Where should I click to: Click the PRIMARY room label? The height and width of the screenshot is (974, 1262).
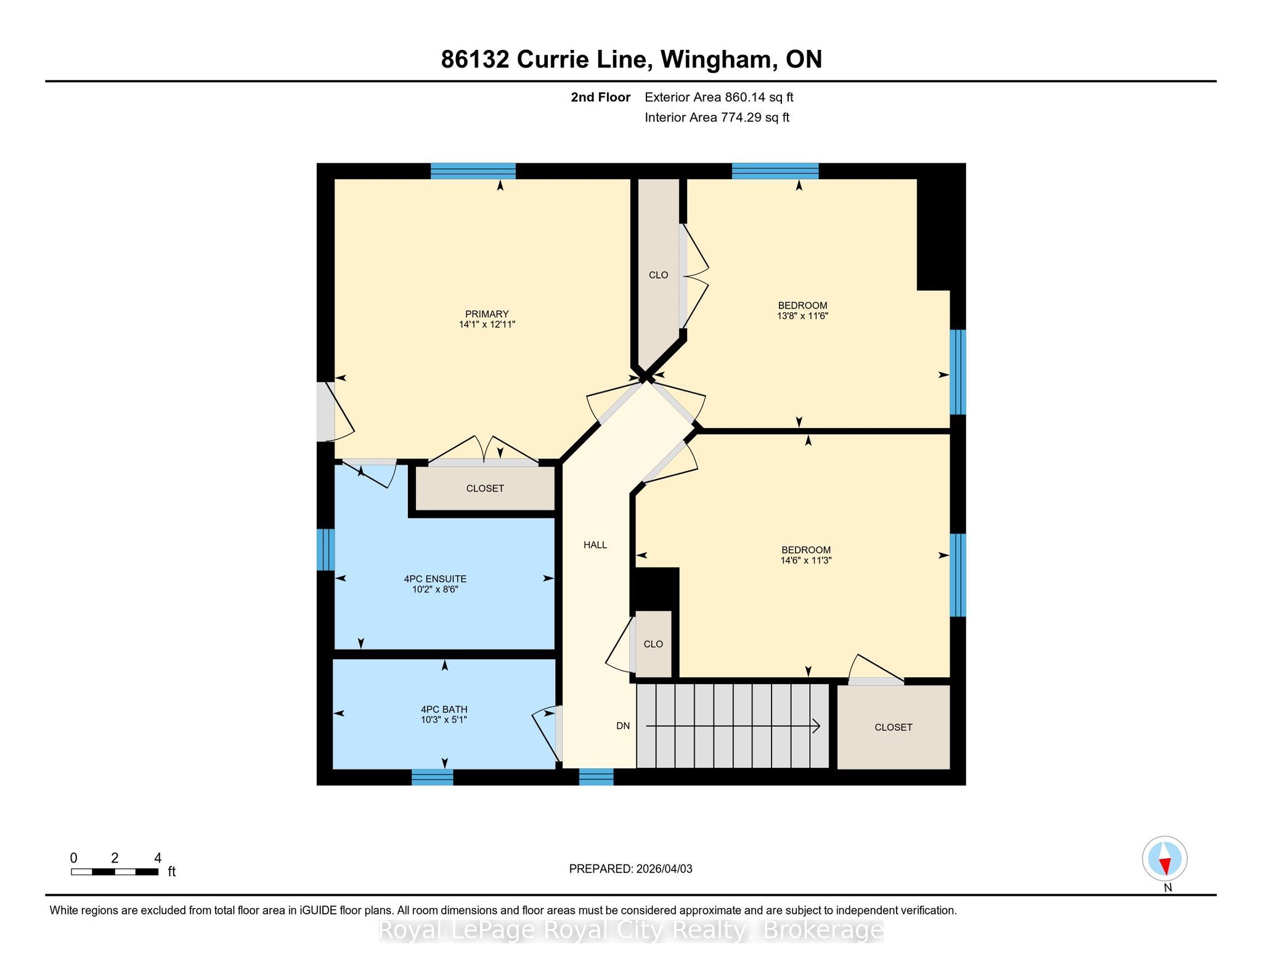[487, 314]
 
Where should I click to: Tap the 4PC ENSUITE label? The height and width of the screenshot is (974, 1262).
[435, 579]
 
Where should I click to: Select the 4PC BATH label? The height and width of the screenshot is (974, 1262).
[444, 709]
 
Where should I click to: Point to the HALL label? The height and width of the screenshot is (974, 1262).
[595, 545]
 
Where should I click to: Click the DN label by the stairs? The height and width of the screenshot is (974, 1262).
[623, 726]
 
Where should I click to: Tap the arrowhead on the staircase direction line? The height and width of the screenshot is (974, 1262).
[816, 726]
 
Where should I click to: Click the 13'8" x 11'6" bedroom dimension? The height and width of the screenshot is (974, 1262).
[802, 316]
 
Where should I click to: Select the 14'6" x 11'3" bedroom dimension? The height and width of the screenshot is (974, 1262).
[806, 560]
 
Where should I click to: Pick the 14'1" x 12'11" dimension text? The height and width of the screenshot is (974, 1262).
[487, 324]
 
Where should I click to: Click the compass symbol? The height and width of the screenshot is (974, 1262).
[1165, 859]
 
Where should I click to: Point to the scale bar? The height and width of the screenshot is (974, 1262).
[115, 871]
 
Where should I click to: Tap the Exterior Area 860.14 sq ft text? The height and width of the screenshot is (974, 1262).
[719, 97]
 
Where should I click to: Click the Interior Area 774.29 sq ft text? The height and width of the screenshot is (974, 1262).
[717, 118]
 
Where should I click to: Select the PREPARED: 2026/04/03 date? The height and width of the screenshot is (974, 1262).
[630, 869]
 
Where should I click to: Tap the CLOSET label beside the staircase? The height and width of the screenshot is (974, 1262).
[894, 727]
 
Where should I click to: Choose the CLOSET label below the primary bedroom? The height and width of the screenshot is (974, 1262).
[485, 488]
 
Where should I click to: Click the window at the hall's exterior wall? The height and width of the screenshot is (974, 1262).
[596, 777]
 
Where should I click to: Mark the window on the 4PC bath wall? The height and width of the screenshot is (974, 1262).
[432, 777]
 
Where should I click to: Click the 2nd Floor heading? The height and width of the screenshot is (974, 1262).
[601, 97]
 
